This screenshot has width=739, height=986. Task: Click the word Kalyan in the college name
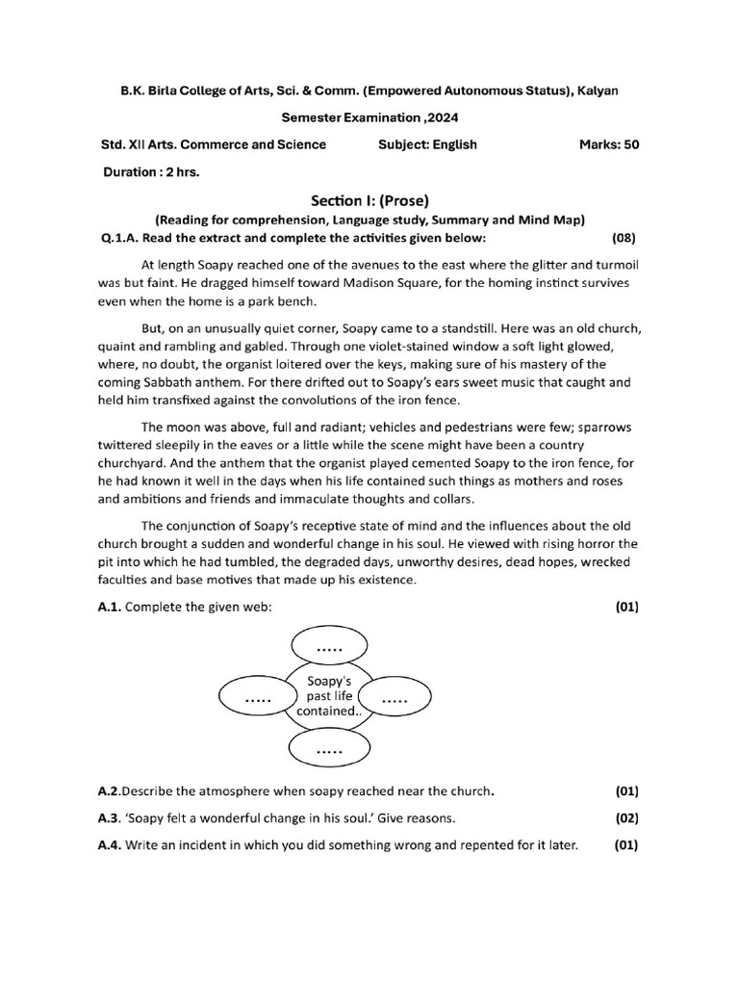click(596, 90)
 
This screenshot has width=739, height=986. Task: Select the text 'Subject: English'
click(428, 144)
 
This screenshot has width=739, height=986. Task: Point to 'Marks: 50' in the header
click(608, 144)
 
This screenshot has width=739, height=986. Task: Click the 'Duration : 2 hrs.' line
click(150, 172)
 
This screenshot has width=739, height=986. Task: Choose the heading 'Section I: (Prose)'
click(369, 200)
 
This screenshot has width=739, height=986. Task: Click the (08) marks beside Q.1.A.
click(624, 237)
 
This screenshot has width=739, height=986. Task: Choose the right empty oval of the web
click(395, 699)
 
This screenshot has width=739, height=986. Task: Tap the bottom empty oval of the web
click(329, 748)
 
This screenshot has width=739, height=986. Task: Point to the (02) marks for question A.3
click(626, 818)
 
